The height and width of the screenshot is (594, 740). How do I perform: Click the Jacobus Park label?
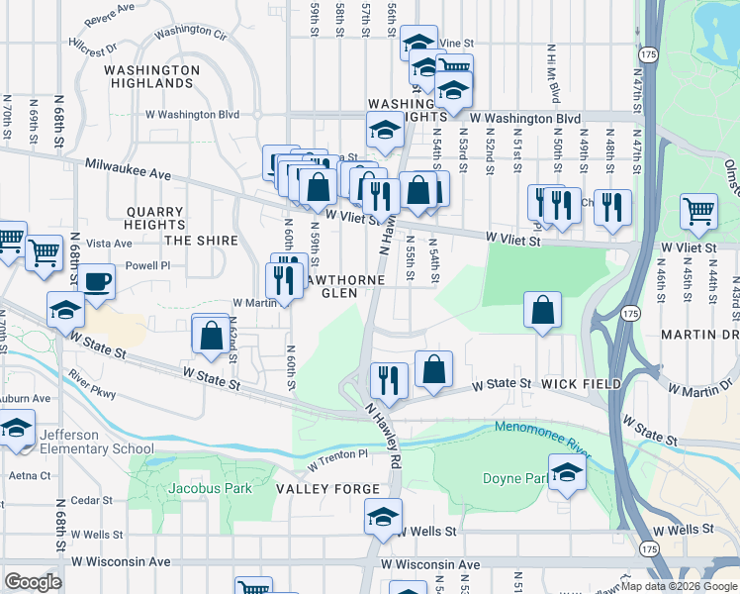(210, 488)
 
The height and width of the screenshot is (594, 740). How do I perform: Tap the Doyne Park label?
(514, 478)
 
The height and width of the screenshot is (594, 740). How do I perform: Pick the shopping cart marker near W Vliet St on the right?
(698, 210)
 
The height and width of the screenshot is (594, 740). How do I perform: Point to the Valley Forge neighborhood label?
(327, 489)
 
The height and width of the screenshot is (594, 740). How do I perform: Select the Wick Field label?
(582, 384)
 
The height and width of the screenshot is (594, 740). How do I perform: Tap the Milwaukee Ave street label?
(128, 169)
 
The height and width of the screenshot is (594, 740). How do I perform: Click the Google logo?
(34, 582)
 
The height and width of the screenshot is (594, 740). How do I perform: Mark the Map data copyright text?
(679, 586)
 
